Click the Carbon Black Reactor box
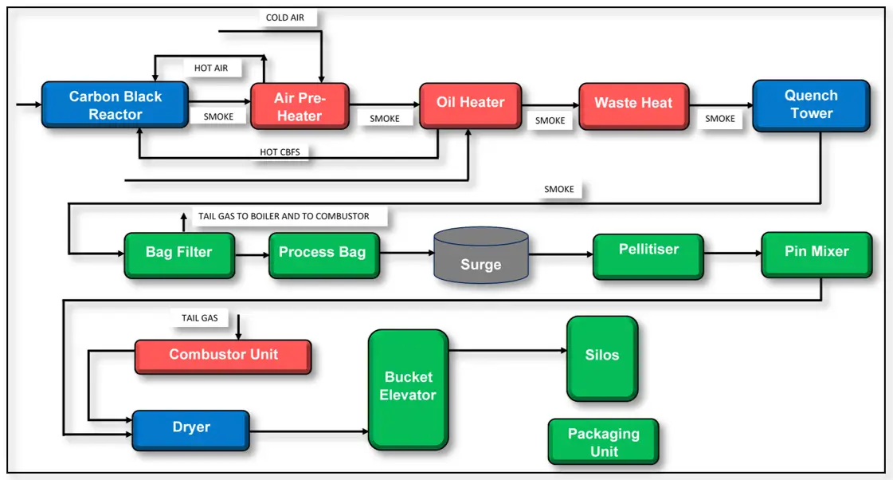click(x=115, y=104)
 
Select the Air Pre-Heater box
click(x=300, y=106)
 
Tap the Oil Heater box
click(x=470, y=104)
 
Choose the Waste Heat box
click(x=633, y=104)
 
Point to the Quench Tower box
click(x=810, y=104)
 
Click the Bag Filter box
click(x=178, y=254)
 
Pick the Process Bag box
click(x=323, y=254)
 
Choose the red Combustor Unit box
click(x=222, y=356)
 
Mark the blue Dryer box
click(x=190, y=428)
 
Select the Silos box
click(x=601, y=357)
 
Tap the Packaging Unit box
click(x=603, y=442)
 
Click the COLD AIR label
click(x=284, y=18)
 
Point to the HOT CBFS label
click(x=280, y=151)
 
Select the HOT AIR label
click(x=211, y=68)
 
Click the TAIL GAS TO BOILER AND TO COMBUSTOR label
click(x=283, y=216)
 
